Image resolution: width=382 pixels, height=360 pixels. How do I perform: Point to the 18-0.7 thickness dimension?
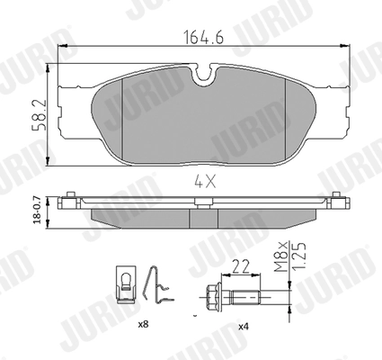(36, 209)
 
